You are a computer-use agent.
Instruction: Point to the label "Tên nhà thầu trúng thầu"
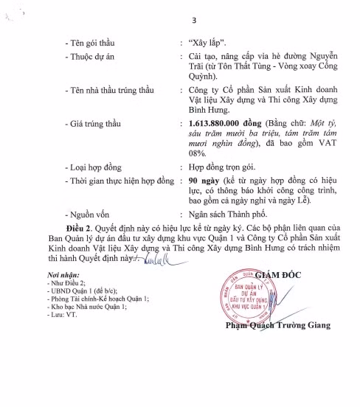110,91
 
